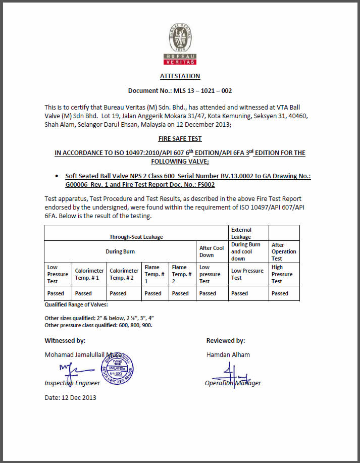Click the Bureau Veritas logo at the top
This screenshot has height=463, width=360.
(180, 44)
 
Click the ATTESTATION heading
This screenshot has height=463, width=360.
(180, 76)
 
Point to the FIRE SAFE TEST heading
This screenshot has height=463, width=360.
(180, 139)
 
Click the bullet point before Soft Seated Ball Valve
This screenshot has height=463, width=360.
(57, 176)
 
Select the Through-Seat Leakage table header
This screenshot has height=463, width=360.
(136, 236)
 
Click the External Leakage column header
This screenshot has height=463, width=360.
(241, 233)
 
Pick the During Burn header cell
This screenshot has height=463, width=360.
(120, 251)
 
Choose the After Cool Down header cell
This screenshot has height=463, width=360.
(212, 251)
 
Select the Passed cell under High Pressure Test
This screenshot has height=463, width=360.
(280, 293)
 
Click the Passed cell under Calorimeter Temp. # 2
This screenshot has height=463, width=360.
(118, 293)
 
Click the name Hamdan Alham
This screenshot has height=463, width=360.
(228, 354)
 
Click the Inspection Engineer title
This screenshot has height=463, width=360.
(72, 383)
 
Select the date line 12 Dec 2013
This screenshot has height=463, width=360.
(70, 397)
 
